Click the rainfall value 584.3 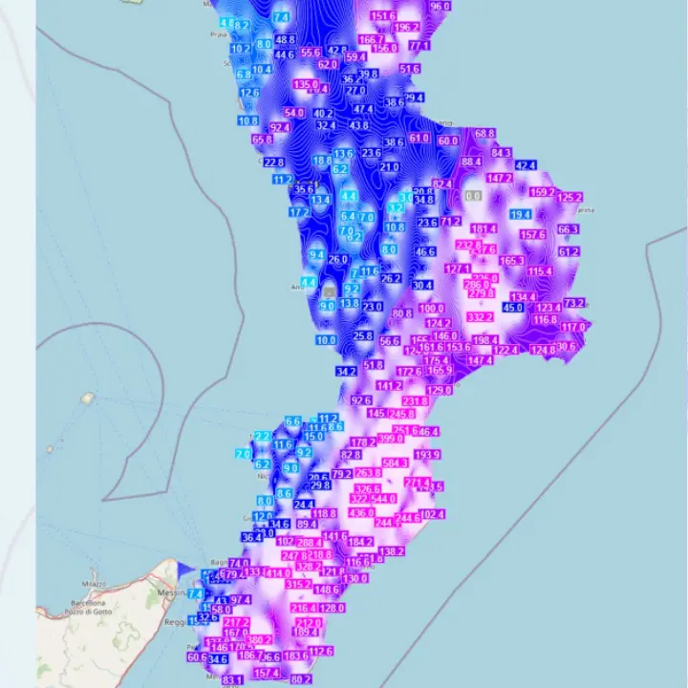395,462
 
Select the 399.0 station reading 391,438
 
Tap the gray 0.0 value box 473,196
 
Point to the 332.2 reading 480,317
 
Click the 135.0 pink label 306,85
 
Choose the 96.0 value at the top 441,6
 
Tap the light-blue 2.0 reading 243,454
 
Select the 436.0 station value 361,513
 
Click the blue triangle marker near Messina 184,570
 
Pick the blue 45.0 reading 513,308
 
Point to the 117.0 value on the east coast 573,327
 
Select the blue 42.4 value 526,165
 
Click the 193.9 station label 427,454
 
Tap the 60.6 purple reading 197,656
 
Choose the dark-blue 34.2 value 346,371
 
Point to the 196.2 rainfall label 406,28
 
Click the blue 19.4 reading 520,215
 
